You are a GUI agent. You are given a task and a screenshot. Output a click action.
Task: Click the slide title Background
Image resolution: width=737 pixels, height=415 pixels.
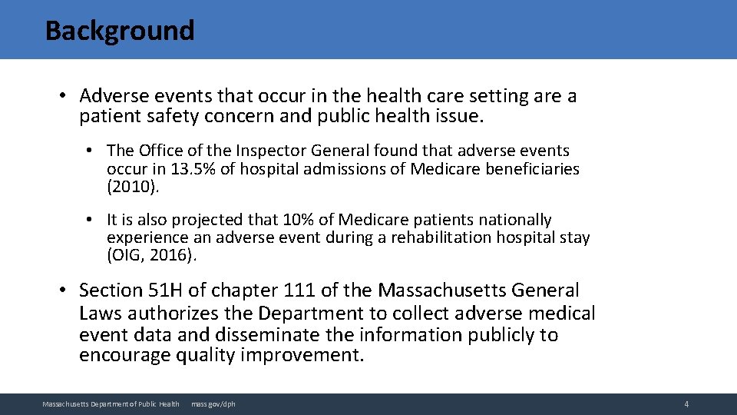(120, 31)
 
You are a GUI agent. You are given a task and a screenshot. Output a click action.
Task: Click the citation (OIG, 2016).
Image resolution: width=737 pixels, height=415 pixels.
(152, 255)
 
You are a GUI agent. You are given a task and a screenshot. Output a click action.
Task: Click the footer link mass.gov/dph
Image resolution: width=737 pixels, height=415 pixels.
(213, 404)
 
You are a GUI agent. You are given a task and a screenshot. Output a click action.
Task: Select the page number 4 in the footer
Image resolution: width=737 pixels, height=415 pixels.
(686, 404)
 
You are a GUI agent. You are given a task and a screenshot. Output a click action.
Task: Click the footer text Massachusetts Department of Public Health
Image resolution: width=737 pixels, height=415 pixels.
(111, 404)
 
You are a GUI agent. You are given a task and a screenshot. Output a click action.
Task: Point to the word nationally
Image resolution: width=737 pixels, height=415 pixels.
(514, 220)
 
